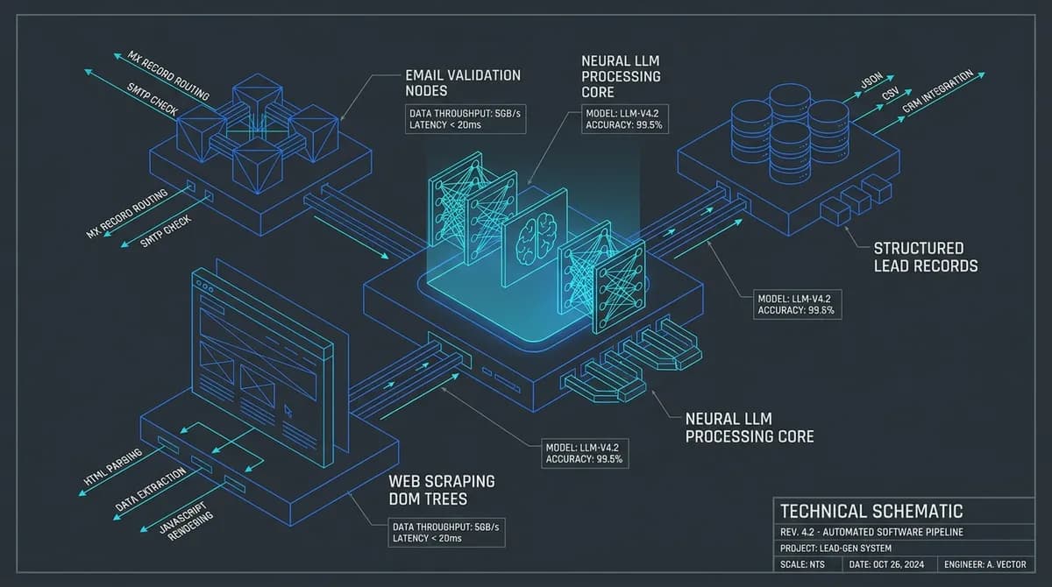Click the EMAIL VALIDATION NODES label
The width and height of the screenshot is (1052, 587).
click(x=463, y=83)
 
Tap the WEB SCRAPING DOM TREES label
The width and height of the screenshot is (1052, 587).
click(x=442, y=490)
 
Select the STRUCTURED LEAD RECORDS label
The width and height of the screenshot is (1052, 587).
click(x=925, y=257)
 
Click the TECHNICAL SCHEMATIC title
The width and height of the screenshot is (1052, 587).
click(x=871, y=511)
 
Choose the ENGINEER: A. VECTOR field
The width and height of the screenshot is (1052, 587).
click(x=984, y=564)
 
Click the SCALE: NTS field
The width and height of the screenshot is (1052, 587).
click(x=802, y=564)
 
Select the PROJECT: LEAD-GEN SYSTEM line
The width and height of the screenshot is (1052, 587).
click(x=835, y=548)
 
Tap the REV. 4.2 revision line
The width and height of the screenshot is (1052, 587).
click(x=871, y=532)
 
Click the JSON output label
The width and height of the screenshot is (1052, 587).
click(x=872, y=81)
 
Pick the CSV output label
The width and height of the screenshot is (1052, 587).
click(x=890, y=94)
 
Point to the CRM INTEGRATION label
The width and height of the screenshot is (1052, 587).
click(x=937, y=91)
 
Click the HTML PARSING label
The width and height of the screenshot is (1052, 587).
click(x=113, y=467)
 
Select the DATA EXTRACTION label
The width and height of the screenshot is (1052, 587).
click(x=150, y=490)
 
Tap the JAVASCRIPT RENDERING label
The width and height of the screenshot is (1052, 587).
click(x=187, y=521)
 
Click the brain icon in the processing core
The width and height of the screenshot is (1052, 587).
click(x=536, y=237)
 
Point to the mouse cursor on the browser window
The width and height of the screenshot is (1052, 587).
click(x=288, y=411)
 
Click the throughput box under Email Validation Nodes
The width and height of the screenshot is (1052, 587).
click(x=466, y=119)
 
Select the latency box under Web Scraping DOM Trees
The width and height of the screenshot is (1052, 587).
click(x=446, y=533)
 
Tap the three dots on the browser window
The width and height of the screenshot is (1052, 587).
click(x=205, y=286)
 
